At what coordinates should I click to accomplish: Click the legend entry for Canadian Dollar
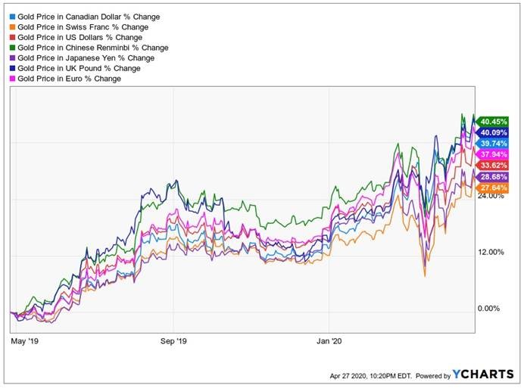pyautogui.click(x=88, y=16)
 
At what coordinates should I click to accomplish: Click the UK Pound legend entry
pyautogui.click(x=80, y=68)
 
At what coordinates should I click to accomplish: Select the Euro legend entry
pyautogui.click(x=72, y=79)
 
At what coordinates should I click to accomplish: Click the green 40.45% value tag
pyautogui.click(x=493, y=122)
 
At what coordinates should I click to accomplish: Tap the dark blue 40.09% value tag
pyautogui.click(x=493, y=132)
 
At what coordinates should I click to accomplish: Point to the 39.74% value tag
pyautogui.click(x=493, y=144)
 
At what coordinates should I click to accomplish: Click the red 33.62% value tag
pyautogui.click(x=493, y=166)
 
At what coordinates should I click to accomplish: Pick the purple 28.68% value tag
pyautogui.click(x=493, y=177)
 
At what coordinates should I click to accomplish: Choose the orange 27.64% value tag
pyautogui.click(x=493, y=188)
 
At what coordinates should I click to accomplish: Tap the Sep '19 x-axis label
pyautogui.click(x=173, y=342)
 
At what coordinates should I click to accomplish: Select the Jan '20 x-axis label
pyautogui.click(x=330, y=342)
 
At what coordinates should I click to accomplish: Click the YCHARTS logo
pyautogui.click(x=482, y=374)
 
